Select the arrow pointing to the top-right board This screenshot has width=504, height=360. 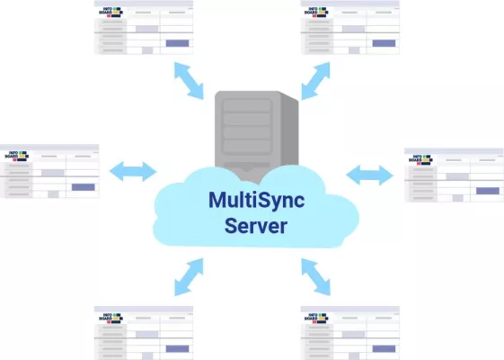(x=319, y=81)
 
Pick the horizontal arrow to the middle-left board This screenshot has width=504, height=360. (x=132, y=169)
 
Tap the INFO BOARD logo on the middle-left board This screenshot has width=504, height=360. (x=19, y=157)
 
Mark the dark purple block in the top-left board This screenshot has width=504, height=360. (x=177, y=42)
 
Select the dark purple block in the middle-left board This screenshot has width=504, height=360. (x=83, y=186)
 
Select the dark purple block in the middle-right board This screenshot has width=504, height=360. (x=487, y=190)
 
